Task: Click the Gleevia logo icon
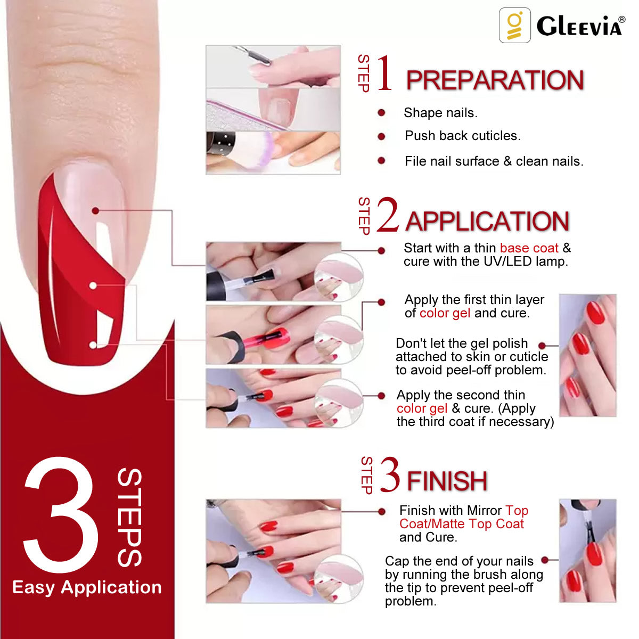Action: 514,25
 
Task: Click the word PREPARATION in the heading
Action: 495,80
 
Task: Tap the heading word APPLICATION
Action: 487,222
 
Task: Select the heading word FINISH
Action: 447,481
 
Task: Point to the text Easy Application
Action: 87,587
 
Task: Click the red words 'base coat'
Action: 529,248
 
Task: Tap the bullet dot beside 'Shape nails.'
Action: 381,112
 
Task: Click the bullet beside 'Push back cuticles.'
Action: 381,136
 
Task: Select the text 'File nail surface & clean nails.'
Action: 494,161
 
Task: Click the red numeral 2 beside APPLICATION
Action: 388,215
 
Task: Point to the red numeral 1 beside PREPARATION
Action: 384,73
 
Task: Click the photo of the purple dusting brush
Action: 273,152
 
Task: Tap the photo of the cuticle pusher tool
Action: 273,66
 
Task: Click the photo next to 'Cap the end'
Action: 587,551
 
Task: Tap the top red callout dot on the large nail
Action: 95,211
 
